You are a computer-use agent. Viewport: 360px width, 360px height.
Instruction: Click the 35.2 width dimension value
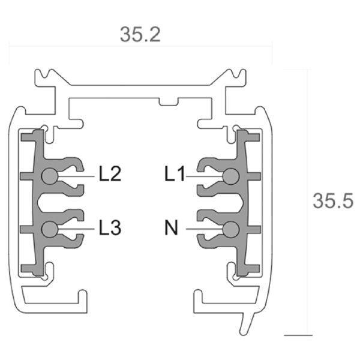(140, 34)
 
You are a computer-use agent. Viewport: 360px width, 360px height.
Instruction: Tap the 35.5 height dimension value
(332, 201)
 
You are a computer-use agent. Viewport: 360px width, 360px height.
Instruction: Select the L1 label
(175, 175)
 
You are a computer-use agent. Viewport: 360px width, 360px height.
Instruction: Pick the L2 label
(110, 175)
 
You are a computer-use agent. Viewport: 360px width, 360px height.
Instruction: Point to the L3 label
(110, 228)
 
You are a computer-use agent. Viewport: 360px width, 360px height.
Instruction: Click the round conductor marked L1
(230, 175)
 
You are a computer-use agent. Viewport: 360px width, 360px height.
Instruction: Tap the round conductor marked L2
(50, 175)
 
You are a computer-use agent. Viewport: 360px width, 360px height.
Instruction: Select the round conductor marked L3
(50, 229)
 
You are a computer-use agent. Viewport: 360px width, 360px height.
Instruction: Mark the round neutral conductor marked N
(230, 229)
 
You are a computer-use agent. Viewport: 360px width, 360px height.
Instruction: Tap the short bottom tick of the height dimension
(298, 334)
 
